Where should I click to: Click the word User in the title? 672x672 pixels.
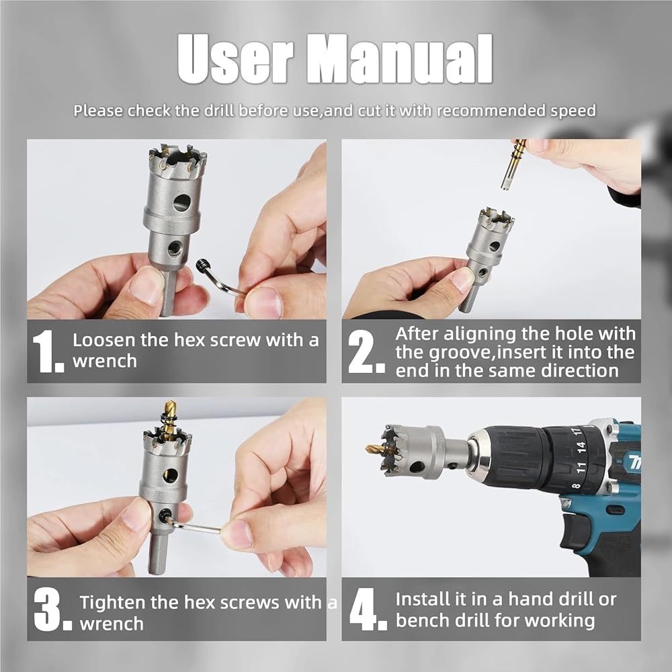click(235, 59)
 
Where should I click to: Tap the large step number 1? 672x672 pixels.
click(48, 351)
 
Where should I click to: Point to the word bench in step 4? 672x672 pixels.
click(423, 620)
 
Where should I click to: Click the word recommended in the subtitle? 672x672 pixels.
click(491, 111)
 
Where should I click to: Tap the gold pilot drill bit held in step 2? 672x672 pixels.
click(513, 164)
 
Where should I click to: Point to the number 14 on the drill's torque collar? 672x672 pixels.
click(581, 447)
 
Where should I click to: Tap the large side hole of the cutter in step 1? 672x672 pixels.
click(181, 202)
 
